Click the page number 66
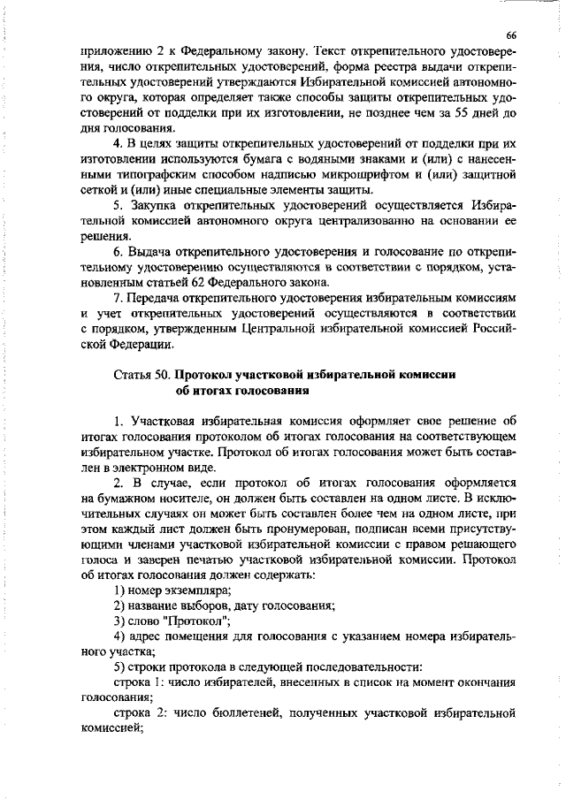pos(510,34)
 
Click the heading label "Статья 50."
pos(144,376)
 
